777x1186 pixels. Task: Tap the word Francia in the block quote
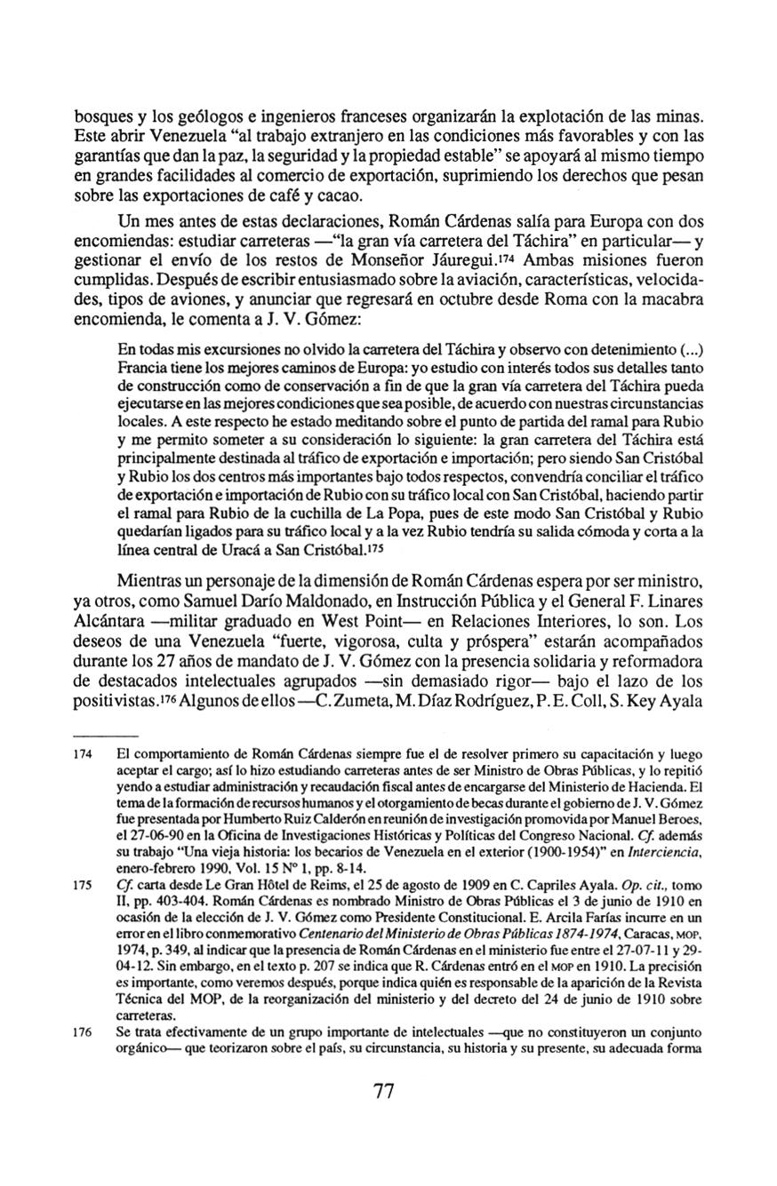(x=143, y=367)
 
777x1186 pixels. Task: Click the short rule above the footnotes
(x=105, y=736)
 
